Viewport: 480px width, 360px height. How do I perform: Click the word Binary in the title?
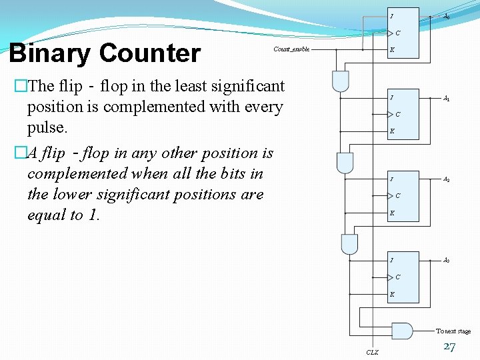click(x=45, y=53)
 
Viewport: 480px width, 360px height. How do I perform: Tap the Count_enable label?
click(x=291, y=49)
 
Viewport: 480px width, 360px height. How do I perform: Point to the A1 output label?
click(x=447, y=99)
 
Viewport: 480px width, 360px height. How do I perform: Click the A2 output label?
click(x=447, y=179)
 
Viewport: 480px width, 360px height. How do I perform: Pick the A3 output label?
click(x=447, y=260)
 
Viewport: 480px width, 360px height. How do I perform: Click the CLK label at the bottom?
click(x=372, y=352)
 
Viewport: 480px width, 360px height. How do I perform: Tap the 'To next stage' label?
click(x=453, y=331)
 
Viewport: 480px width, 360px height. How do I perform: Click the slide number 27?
click(x=449, y=347)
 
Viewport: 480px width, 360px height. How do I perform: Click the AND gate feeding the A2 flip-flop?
click(x=345, y=162)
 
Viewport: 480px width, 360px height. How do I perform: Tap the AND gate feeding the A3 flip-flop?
click(x=349, y=244)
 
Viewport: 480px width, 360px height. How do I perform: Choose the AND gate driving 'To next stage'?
click(x=402, y=331)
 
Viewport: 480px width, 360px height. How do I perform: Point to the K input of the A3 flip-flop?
click(x=392, y=294)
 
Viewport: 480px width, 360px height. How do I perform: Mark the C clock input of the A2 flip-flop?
click(x=398, y=196)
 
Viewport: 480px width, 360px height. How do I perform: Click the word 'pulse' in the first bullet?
click(x=47, y=127)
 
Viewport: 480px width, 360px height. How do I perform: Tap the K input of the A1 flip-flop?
click(x=392, y=131)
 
